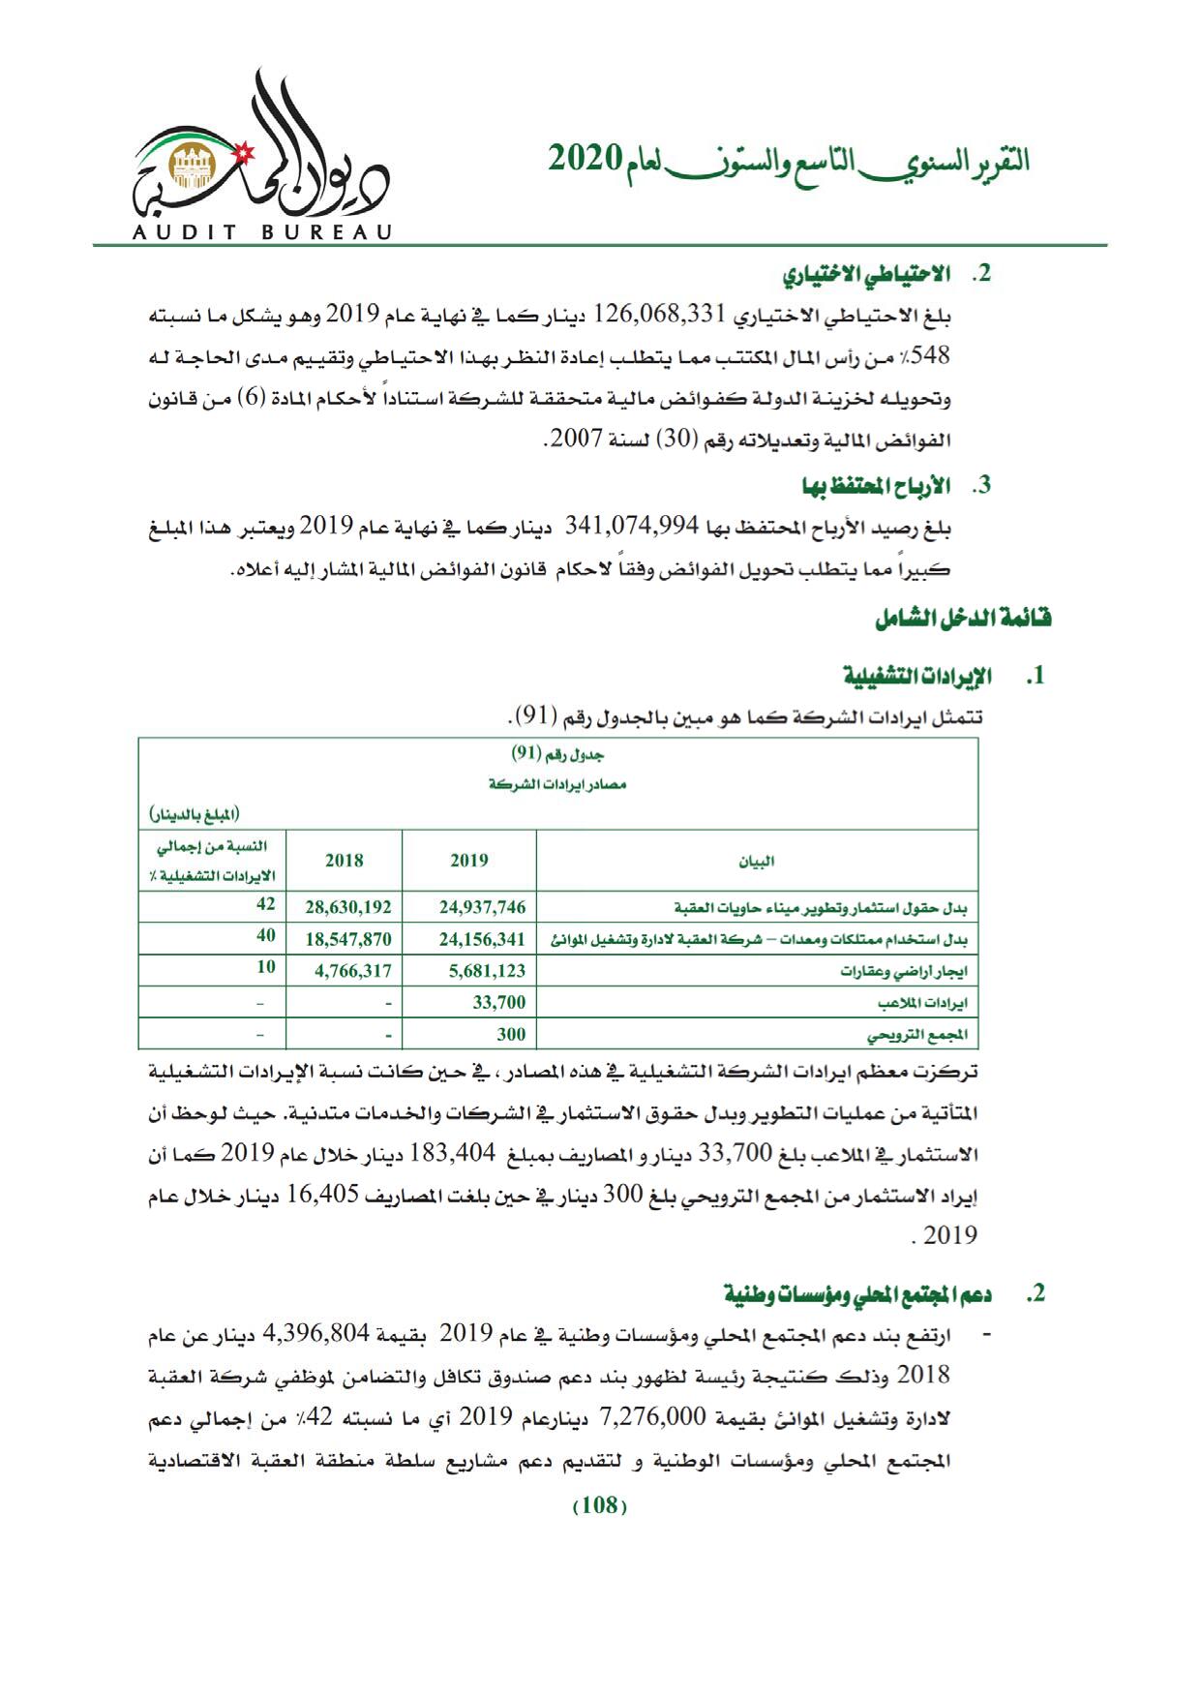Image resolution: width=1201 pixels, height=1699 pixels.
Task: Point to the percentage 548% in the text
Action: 931,355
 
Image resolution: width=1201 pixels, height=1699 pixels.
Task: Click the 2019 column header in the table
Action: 468,860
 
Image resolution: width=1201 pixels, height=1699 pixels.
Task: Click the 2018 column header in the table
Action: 344,860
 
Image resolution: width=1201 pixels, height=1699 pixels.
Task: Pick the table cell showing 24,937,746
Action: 482,907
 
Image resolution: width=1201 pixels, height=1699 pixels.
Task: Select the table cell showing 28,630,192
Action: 348,907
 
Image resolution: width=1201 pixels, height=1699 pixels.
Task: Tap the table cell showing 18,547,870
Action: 348,938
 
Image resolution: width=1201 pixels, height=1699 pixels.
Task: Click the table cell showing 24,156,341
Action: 482,938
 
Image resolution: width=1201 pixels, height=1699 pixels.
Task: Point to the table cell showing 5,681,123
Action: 487,970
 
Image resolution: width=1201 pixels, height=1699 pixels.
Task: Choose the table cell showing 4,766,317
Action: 352,970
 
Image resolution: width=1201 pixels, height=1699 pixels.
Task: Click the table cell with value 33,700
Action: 498,1002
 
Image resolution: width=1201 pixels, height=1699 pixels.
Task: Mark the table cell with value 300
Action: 511,1034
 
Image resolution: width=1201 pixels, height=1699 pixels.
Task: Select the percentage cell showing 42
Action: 265,904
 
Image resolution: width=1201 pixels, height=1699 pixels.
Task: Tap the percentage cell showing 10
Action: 265,967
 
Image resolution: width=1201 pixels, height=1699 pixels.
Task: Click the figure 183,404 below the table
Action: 453,1153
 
